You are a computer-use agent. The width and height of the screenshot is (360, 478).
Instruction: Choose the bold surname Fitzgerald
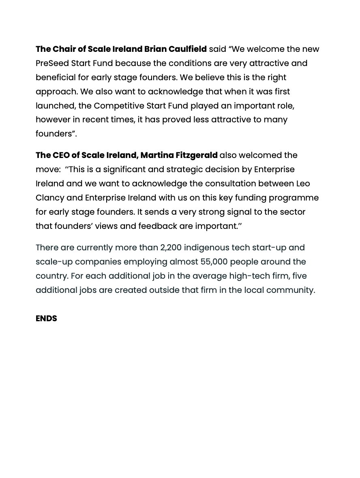197,155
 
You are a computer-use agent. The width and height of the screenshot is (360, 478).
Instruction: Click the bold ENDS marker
46,318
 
